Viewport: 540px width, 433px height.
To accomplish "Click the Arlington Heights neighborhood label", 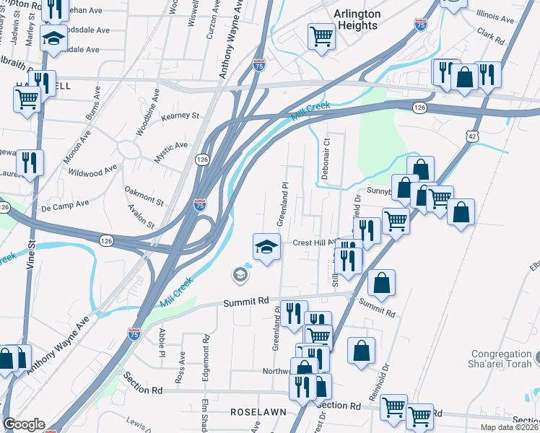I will (357, 19).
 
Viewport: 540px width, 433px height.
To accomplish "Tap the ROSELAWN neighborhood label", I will (258, 411).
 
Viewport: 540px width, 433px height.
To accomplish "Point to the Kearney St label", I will (180, 115).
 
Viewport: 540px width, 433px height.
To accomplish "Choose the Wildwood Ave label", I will (92, 171).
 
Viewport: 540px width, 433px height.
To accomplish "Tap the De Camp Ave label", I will (64, 207).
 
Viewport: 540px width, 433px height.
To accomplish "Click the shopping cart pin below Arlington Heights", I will (321, 36).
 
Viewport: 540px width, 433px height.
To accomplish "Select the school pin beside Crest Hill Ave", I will (266, 248).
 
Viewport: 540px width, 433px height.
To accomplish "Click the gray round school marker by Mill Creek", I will (240, 274).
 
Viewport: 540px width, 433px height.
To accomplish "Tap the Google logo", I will (24, 424).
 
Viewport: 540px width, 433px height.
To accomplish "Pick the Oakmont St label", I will (144, 196).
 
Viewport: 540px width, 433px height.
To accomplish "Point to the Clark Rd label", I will (490, 32).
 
